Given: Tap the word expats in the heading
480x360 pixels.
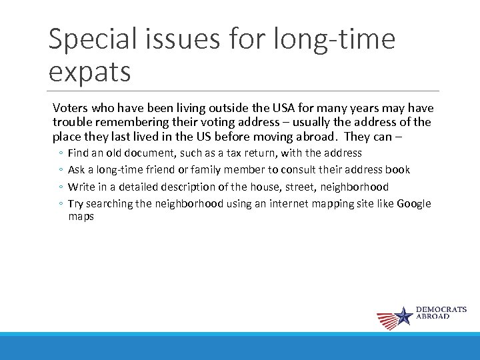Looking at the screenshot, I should click(x=89, y=71).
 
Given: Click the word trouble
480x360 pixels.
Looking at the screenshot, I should click(x=71, y=122).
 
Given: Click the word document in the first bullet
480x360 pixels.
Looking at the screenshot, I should click(x=148, y=153).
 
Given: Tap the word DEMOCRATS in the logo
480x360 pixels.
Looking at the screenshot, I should click(x=441, y=310).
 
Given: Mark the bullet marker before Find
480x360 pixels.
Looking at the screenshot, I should click(x=60, y=154).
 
